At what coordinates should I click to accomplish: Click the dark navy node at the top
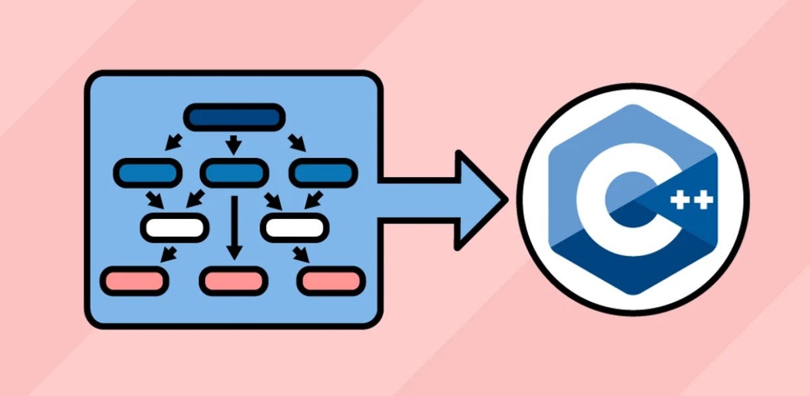tap(234, 117)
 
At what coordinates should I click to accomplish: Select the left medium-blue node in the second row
tap(147, 173)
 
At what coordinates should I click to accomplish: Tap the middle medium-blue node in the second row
tap(233, 173)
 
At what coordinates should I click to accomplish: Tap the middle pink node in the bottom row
tap(233, 281)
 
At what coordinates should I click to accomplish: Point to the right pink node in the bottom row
tap(331, 281)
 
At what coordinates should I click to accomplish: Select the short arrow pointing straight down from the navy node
tap(233, 143)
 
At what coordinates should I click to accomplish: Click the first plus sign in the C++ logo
tap(680, 199)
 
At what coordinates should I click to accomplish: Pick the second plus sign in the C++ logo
tap(703, 199)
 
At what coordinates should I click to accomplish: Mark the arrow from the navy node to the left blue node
tap(174, 142)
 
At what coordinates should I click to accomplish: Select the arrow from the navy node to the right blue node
tap(297, 142)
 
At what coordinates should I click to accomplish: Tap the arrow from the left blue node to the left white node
tap(155, 199)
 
